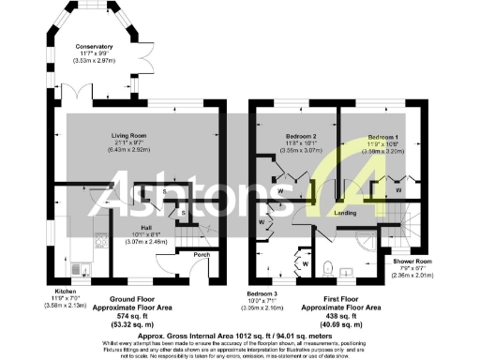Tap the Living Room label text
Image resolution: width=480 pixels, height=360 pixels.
(122, 136)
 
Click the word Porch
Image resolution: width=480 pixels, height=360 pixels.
(201, 254)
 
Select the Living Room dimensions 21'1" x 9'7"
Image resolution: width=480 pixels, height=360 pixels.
(122, 149)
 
